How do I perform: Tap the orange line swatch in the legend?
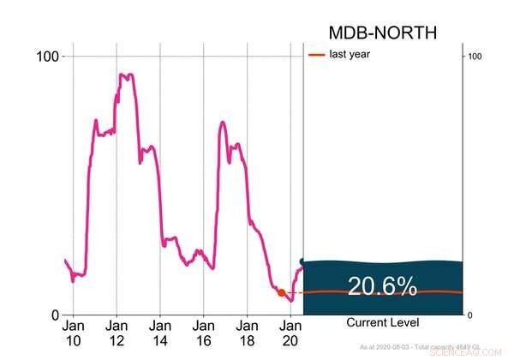pyautogui.click(x=316, y=55)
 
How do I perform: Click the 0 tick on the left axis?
pyautogui.click(x=53, y=315)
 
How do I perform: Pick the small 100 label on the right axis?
pyautogui.click(x=471, y=57)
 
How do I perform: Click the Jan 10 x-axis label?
pyautogui.click(x=73, y=333)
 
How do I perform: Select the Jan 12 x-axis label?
pyautogui.click(x=117, y=333)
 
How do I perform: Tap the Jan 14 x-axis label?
pyautogui.click(x=160, y=333)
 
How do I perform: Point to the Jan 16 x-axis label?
pyautogui.click(x=204, y=333)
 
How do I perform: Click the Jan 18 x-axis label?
pyautogui.click(x=248, y=333)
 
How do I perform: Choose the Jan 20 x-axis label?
pyautogui.click(x=291, y=333)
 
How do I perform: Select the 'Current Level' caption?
pyautogui.click(x=382, y=322)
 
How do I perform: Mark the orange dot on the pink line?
pyautogui.click(x=281, y=293)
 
